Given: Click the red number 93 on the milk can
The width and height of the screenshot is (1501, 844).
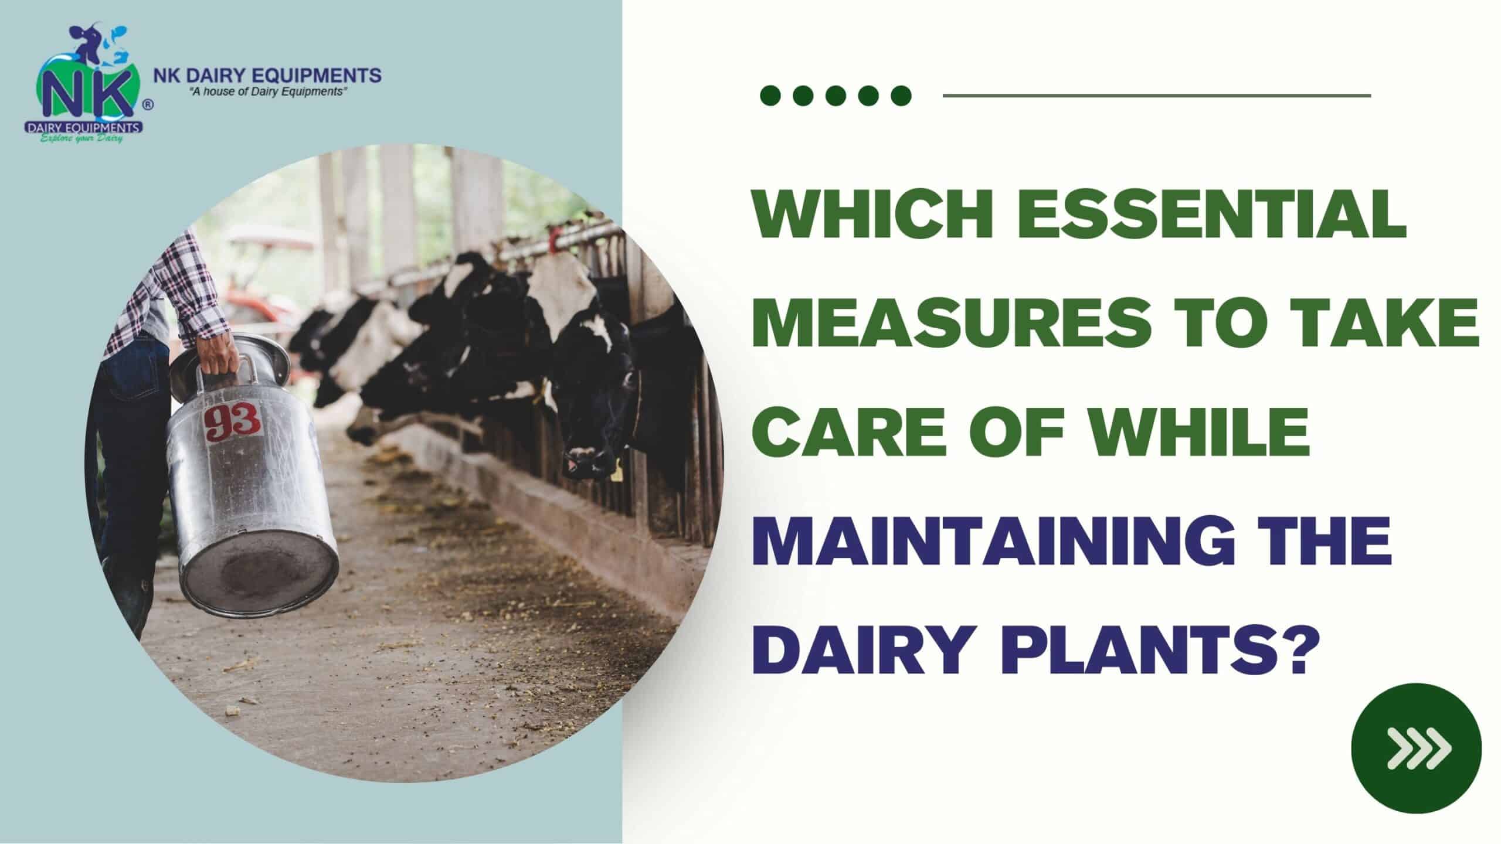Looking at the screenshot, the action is (233, 420).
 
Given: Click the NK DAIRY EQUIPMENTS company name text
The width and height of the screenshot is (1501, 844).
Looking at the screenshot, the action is (267, 75).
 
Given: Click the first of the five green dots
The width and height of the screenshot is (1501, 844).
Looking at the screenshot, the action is (770, 95).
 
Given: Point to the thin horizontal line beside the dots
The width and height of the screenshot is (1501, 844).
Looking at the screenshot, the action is (1156, 95).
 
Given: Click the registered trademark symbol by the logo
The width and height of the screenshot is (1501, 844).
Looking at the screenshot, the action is (148, 104).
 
